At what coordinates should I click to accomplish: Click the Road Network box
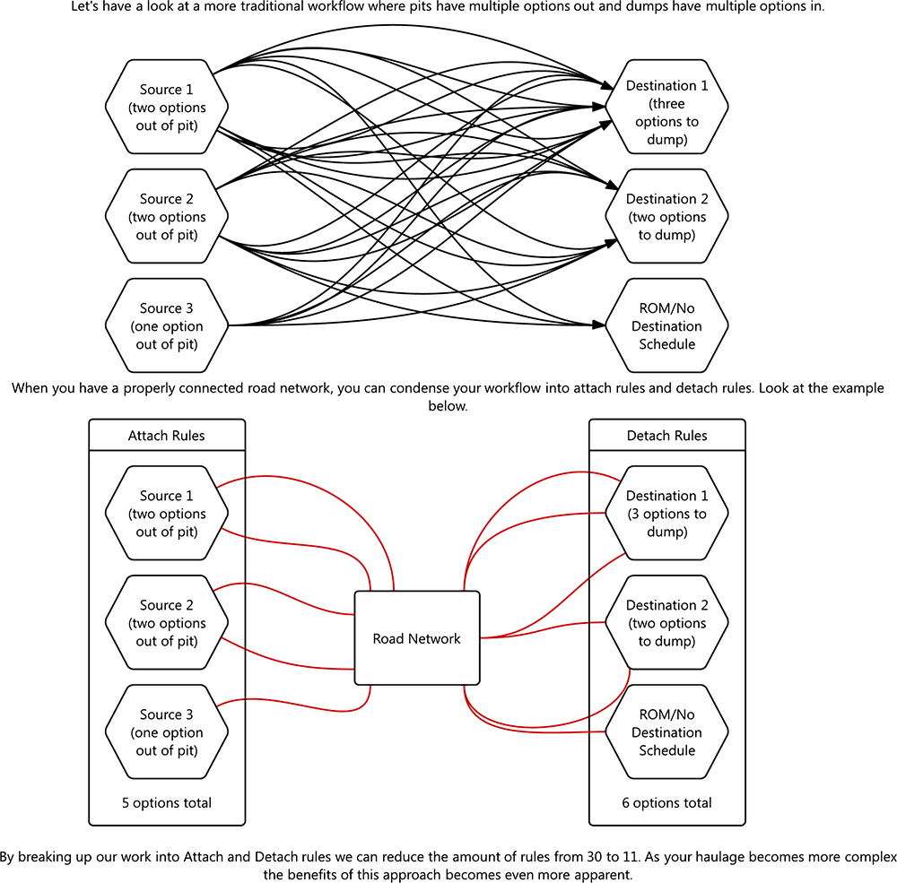[417, 638]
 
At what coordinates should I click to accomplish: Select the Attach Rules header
[167, 436]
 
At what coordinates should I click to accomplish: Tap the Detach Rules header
[666, 436]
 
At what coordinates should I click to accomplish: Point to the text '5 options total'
[167, 802]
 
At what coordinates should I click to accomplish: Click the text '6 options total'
[666, 802]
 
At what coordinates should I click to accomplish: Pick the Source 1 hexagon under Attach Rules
[167, 514]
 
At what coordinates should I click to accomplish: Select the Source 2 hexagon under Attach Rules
[167, 623]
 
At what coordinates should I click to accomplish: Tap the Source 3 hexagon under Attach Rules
[167, 732]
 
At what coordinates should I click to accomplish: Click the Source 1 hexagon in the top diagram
[167, 108]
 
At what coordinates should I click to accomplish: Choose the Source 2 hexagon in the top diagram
[167, 217]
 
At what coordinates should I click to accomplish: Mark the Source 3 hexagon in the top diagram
[167, 326]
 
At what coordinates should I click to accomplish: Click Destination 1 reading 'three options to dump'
[666, 113]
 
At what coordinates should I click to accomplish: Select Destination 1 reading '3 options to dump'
[666, 514]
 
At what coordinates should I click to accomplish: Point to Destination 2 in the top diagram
[666, 217]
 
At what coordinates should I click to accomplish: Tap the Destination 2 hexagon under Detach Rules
[666, 623]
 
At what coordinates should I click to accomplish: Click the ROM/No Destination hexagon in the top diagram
[666, 326]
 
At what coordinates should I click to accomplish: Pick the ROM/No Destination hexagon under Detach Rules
[666, 732]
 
